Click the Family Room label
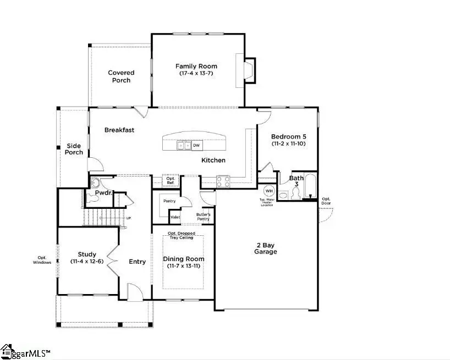click(196, 67)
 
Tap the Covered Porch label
click(121, 76)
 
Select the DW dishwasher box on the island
click(196, 146)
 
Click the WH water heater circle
click(269, 191)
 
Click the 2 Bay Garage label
click(265, 248)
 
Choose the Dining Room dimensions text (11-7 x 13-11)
click(184, 266)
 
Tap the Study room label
click(87, 254)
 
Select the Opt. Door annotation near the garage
click(326, 201)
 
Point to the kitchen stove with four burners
click(223, 181)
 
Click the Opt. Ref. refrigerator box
click(171, 180)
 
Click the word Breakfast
click(119, 130)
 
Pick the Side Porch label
click(74, 149)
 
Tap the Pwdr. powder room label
click(103, 193)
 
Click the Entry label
click(137, 262)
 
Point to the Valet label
click(175, 217)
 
